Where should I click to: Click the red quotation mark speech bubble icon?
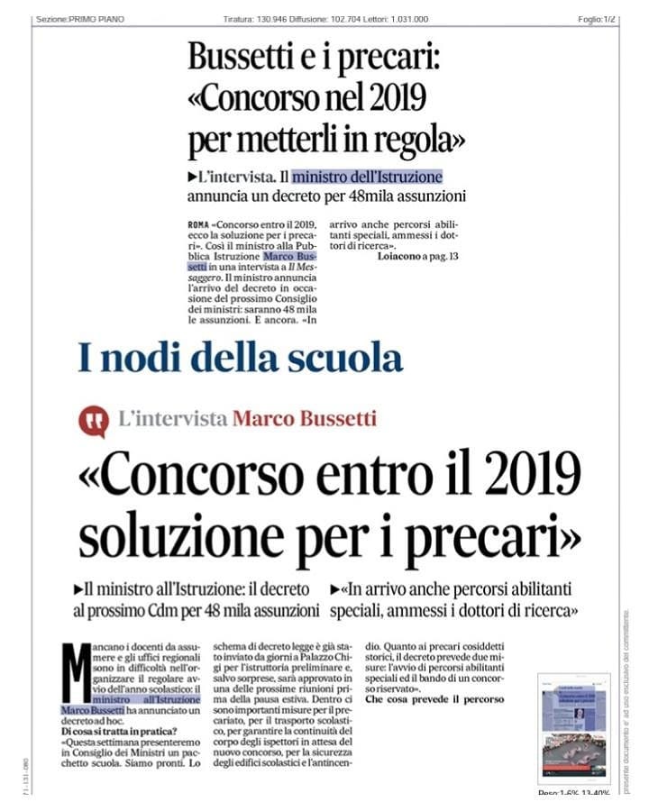click(93, 421)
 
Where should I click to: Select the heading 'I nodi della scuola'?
click(240, 358)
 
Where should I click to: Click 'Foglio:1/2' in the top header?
click(597, 19)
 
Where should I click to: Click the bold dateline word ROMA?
click(199, 222)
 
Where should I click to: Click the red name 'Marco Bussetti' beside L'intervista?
click(304, 419)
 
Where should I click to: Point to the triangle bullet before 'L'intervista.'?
click(193, 178)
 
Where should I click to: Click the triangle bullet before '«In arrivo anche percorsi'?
click(335, 590)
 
